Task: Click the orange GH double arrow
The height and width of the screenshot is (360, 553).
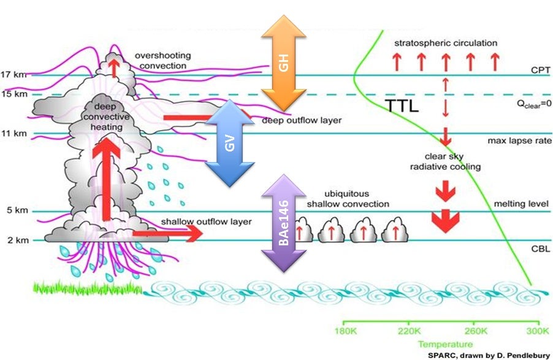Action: click(x=283, y=60)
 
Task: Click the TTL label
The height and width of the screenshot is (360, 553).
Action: click(x=403, y=106)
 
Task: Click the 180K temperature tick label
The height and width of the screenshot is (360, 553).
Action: click(x=345, y=331)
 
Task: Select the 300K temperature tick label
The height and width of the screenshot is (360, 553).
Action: click(x=536, y=331)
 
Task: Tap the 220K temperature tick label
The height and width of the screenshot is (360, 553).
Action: click(x=410, y=331)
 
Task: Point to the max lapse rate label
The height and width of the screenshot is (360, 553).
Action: click(x=514, y=141)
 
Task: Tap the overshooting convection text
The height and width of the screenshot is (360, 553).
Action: click(x=163, y=60)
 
